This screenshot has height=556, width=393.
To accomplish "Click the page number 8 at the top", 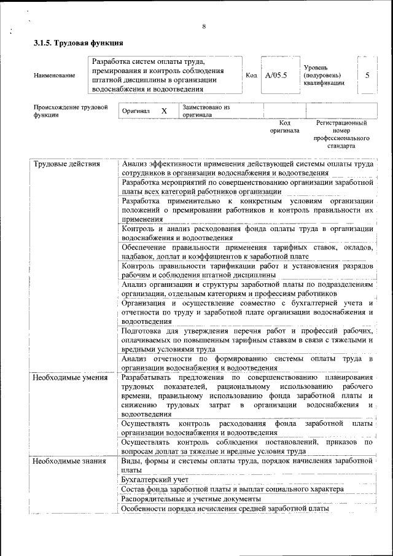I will pos(203,25).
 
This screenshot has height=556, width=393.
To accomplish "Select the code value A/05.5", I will pos(276,75).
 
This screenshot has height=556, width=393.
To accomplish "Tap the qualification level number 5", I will pos(367,75).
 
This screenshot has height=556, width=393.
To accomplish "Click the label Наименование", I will pos(55,75).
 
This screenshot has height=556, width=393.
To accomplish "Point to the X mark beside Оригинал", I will pos(164,111).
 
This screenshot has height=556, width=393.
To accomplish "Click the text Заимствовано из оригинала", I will pos(205,111).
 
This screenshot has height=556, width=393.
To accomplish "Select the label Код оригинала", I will pos(284,127).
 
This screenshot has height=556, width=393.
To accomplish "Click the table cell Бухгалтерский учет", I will pos(155,479).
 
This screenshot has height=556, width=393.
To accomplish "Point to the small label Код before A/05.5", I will pos(251,75).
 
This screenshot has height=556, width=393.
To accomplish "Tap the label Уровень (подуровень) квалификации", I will pos(324,75).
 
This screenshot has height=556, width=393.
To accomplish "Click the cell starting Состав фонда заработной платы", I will pos(232,489).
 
